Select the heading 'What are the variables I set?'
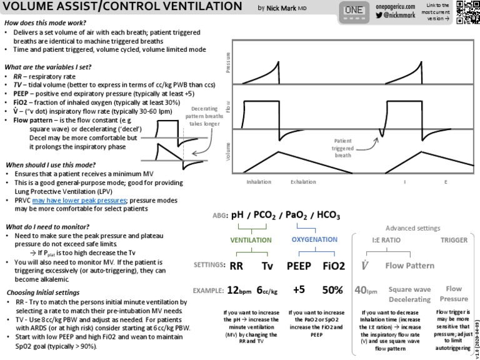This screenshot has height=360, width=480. click(48, 67)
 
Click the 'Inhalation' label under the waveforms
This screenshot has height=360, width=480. click(259, 182)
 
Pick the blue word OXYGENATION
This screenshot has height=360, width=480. click(314, 239)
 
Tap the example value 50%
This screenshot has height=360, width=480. click(332, 290)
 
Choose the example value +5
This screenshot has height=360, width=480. click(299, 290)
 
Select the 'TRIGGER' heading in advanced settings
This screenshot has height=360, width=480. click(454, 239)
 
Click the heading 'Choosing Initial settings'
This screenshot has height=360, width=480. click(42, 292)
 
